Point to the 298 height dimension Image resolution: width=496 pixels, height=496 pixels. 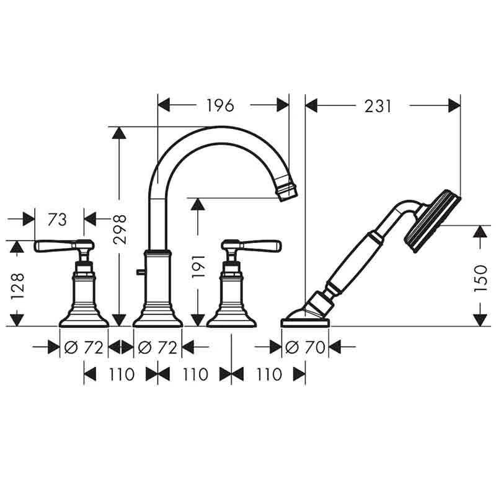tap(121, 229)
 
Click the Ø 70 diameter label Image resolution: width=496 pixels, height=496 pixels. tap(305, 348)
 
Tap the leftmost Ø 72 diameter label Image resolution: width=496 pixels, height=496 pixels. tap(84, 348)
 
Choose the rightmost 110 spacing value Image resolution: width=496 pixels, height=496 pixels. tap(268, 374)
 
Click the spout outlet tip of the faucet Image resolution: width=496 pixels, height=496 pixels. tap(288, 190)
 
